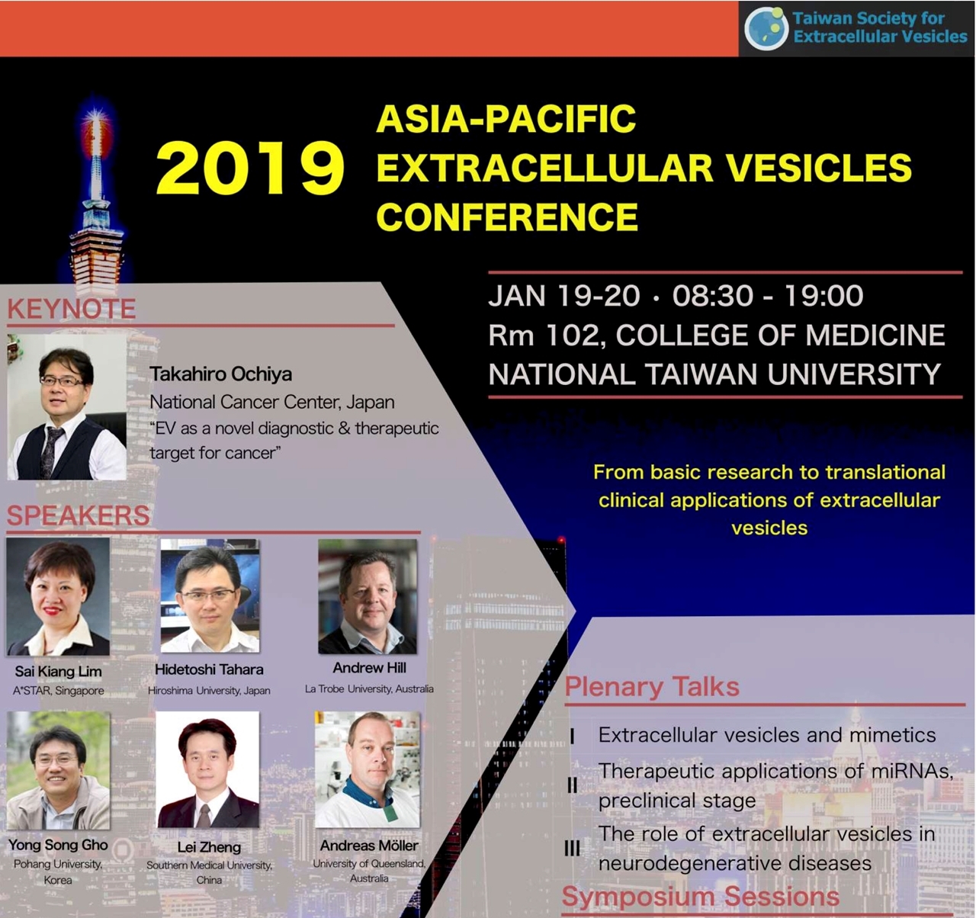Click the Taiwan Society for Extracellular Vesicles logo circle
point(766,28)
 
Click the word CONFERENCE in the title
point(507,217)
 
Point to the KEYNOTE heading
point(72,309)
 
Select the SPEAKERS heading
point(78,515)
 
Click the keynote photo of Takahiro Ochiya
point(67,407)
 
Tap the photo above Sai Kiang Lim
point(58,596)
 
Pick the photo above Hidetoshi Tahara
point(210,595)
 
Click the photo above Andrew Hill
point(368,596)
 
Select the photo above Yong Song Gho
point(58,770)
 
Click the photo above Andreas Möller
point(368,769)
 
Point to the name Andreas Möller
point(369,846)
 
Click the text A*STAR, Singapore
point(59,691)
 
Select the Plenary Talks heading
point(652,686)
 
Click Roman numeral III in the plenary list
point(572,849)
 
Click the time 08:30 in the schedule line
point(713,296)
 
